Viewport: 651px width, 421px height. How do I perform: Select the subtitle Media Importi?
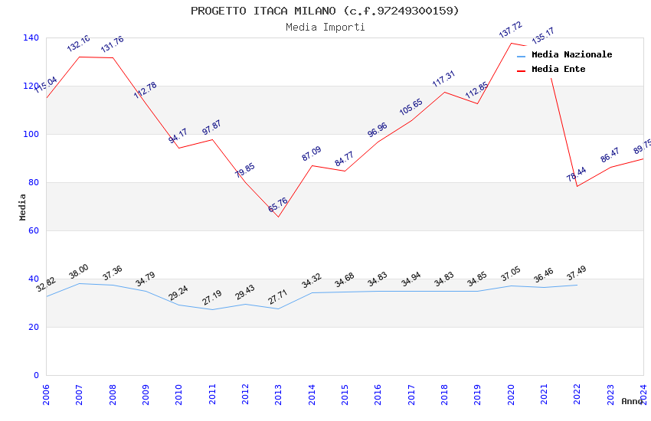[x=325, y=27]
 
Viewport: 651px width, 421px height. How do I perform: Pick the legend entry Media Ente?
[x=558, y=69]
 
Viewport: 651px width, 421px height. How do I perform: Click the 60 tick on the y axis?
[x=34, y=230]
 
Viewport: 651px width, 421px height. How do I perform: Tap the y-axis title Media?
[x=22, y=207]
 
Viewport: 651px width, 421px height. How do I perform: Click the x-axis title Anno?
[x=632, y=401]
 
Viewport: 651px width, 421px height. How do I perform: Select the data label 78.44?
[x=576, y=175]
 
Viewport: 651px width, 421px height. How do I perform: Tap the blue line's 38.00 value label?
[x=79, y=271]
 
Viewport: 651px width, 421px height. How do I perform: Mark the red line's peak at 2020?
[x=511, y=43]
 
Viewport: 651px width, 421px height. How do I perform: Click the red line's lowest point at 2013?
[x=278, y=217]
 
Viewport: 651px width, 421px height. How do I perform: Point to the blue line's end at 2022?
[x=577, y=285]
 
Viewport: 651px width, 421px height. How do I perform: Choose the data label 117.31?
[x=443, y=79]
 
